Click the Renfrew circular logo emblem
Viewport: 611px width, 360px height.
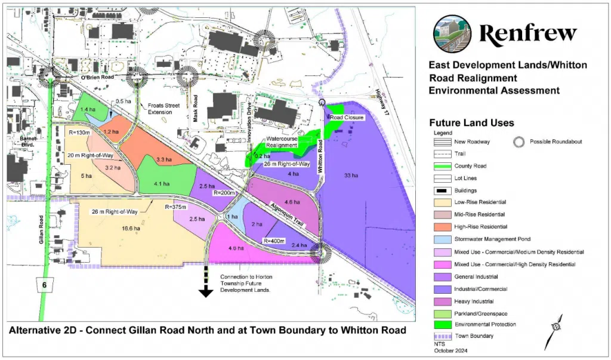tap(452, 34)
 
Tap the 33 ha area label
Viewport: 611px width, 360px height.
tap(351, 176)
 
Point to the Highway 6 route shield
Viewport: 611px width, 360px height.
tap(44, 285)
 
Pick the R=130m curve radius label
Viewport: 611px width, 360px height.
tap(79, 132)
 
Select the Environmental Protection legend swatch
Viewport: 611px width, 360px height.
tap(442, 324)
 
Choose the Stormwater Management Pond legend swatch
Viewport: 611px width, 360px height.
tap(442, 239)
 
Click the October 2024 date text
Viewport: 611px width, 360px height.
tap(448, 350)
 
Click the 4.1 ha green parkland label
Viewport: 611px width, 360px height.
tap(162, 183)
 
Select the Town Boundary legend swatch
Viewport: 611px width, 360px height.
tap(442, 336)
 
